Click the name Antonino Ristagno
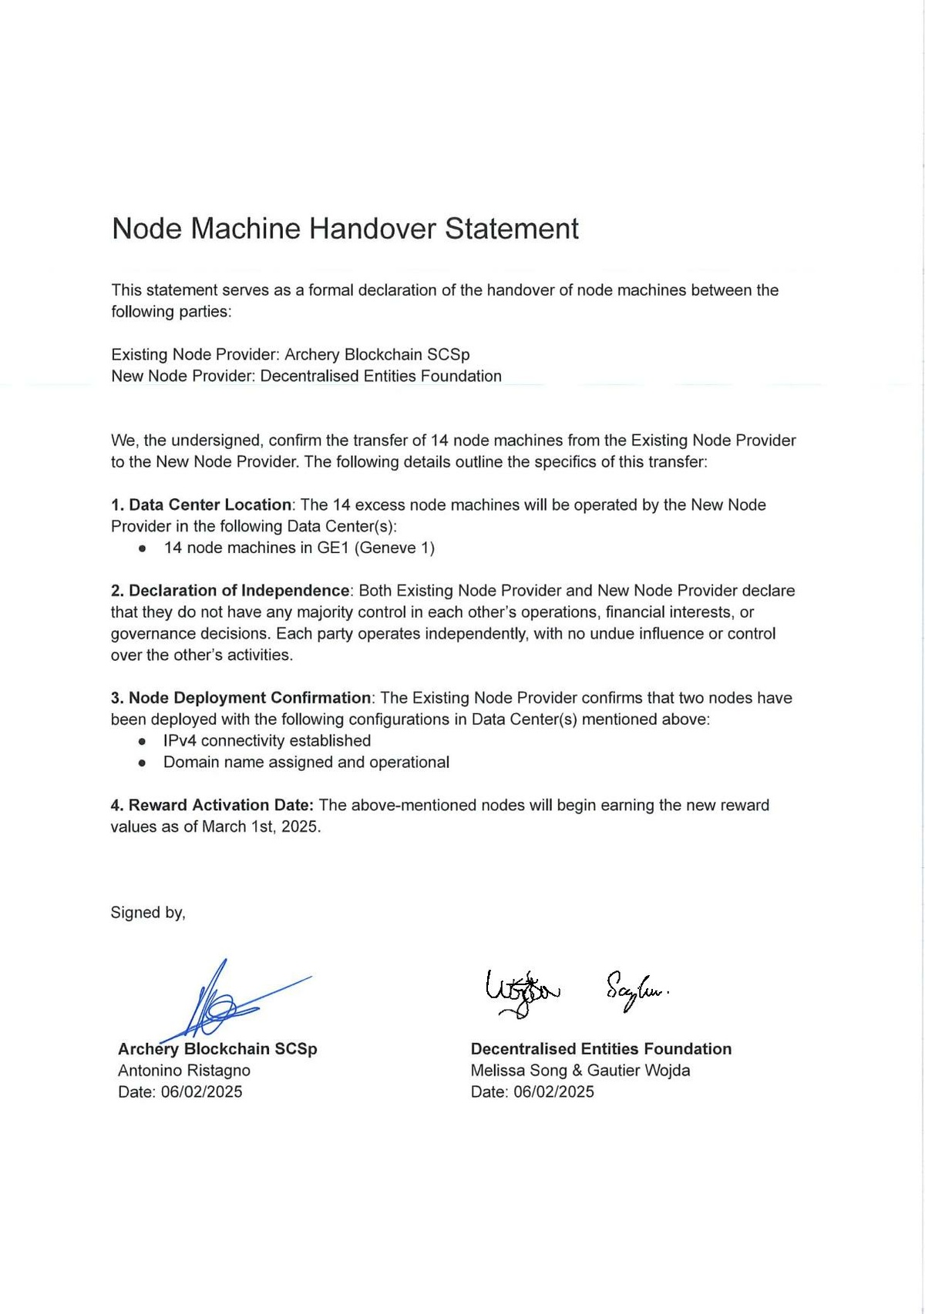pos(183,1071)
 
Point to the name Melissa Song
pos(519,1071)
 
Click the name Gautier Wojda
pos(638,1071)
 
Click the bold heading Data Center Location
pos(210,505)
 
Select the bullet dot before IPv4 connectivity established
pos(142,742)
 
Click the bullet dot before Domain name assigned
pos(142,763)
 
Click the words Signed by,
pos(148,913)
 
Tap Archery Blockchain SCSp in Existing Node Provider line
pos(377,355)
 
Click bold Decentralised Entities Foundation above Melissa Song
pos(600,1049)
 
